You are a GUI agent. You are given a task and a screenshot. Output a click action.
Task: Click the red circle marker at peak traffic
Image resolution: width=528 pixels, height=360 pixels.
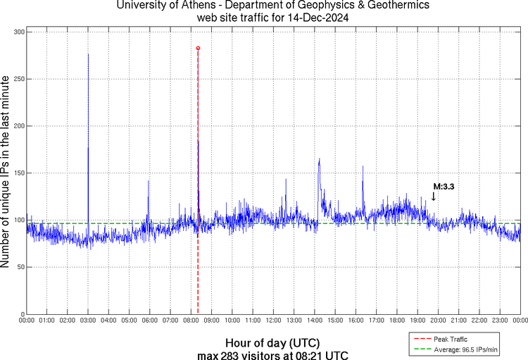click(198, 48)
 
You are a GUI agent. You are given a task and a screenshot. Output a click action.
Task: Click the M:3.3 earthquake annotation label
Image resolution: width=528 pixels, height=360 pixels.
click(443, 187)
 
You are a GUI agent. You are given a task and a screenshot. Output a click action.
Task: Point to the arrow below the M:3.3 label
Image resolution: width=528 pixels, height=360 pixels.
click(433, 197)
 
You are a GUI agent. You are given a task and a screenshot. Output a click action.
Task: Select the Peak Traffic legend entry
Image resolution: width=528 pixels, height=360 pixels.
click(450, 339)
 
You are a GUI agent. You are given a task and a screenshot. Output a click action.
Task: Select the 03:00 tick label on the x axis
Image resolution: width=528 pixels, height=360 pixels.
click(88, 321)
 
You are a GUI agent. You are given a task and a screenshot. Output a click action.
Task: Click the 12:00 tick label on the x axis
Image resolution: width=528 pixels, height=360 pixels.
click(273, 321)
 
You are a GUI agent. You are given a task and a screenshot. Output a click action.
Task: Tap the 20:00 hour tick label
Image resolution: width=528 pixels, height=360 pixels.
click(438, 321)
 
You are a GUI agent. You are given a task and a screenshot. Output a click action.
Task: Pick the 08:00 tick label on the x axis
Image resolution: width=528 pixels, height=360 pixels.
click(191, 321)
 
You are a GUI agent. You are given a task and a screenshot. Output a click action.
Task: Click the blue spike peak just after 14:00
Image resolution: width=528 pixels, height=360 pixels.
click(319, 160)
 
